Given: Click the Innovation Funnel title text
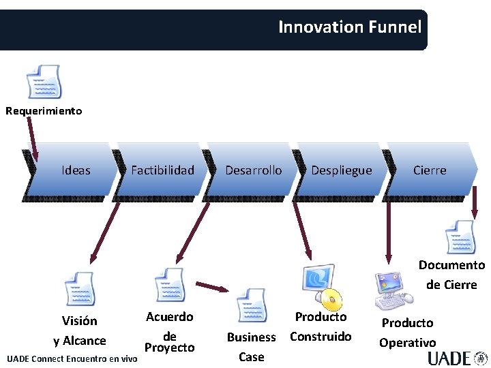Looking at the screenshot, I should (x=350, y=27).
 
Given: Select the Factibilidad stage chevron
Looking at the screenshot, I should (x=162, y=170).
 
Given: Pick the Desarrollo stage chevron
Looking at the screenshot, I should (x=253, y=170).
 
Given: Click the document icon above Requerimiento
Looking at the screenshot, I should (x=44, y=82).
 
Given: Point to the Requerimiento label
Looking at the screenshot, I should (x=44, y=110).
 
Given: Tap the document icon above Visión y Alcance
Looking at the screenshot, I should (x=80, y=289).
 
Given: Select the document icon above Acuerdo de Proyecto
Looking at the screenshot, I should (x=170, y=285).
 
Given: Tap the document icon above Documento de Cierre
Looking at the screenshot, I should (x=460, y=237).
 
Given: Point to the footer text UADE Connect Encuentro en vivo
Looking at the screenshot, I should (x=72, y=358).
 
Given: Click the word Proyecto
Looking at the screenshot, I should (x=169, y=348).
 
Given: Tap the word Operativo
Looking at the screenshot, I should (x=407, y=343).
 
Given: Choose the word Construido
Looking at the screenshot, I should (x=321, y=336).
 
